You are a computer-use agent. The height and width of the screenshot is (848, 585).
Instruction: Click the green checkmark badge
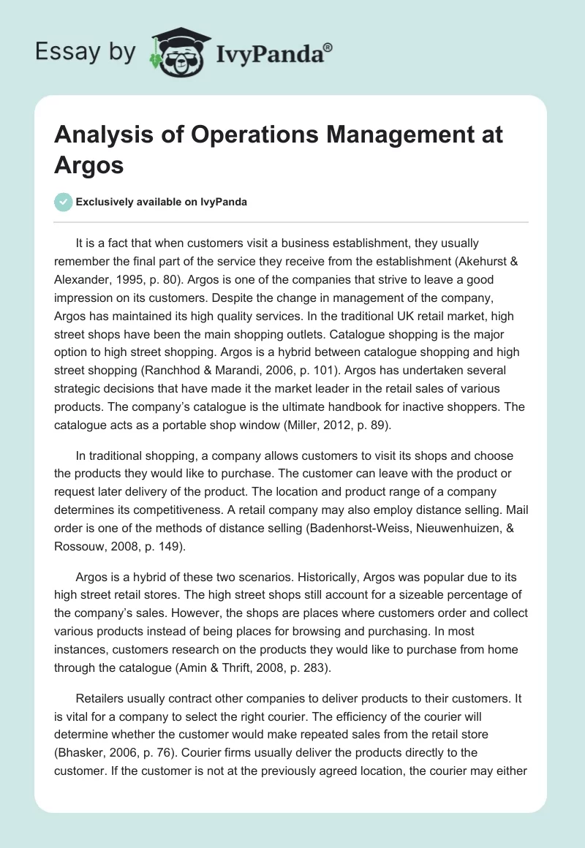click(x=63, y=202)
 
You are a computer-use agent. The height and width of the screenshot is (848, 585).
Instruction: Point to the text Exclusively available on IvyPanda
click(x=162, y=202)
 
